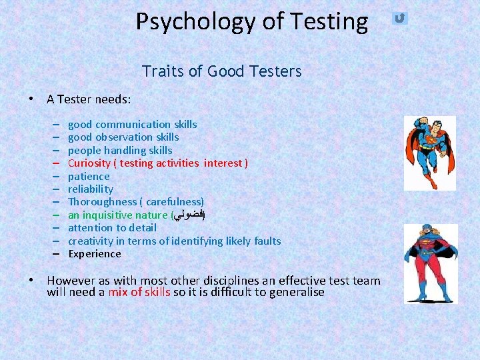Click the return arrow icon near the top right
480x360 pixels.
399,18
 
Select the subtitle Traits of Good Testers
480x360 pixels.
221,71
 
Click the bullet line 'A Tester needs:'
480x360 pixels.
89,99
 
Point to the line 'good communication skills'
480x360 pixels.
132,125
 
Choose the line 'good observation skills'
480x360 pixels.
123,137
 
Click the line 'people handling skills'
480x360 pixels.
120,151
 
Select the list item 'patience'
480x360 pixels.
89,177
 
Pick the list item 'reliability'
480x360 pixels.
91,189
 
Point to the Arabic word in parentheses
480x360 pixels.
189,215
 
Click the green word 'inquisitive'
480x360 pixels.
109,215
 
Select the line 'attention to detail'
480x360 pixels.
112,228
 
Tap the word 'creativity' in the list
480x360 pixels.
91,241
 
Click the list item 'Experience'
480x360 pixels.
95,254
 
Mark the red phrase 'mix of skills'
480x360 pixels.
139,293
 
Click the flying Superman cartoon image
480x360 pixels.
429,153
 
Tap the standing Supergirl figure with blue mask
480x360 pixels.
431,263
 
